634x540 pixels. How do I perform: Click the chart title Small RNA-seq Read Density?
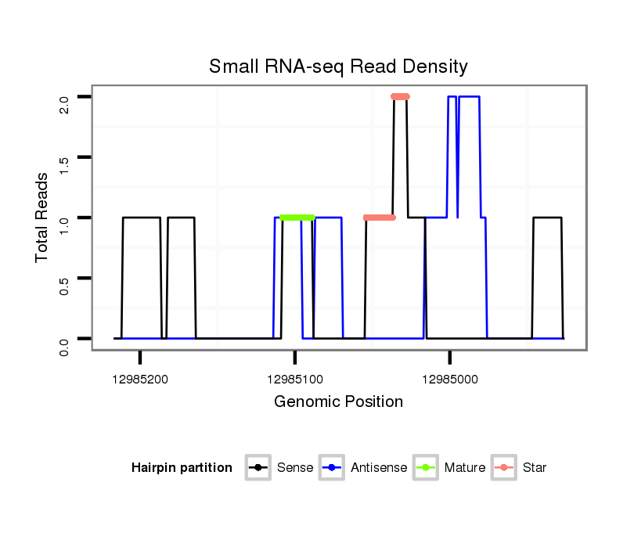pyautogui.click(x=338, y=67)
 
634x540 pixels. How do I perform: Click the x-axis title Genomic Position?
pyautogui.click(x=338, y=402)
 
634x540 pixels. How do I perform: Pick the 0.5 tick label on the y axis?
pyautogui.click(x=64, y=286)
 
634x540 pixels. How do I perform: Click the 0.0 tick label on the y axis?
pyautogui.click(x=64, y=346)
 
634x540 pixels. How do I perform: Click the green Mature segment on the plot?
pyautogui.click(x=297, y=217)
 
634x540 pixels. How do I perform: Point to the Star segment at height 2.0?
pyautogui.click(x=400, y=96)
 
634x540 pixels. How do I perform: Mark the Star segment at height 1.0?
pyautogui.click(x=380, y=218)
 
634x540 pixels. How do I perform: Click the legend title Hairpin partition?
pyautogui.click(x=182, y=468)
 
